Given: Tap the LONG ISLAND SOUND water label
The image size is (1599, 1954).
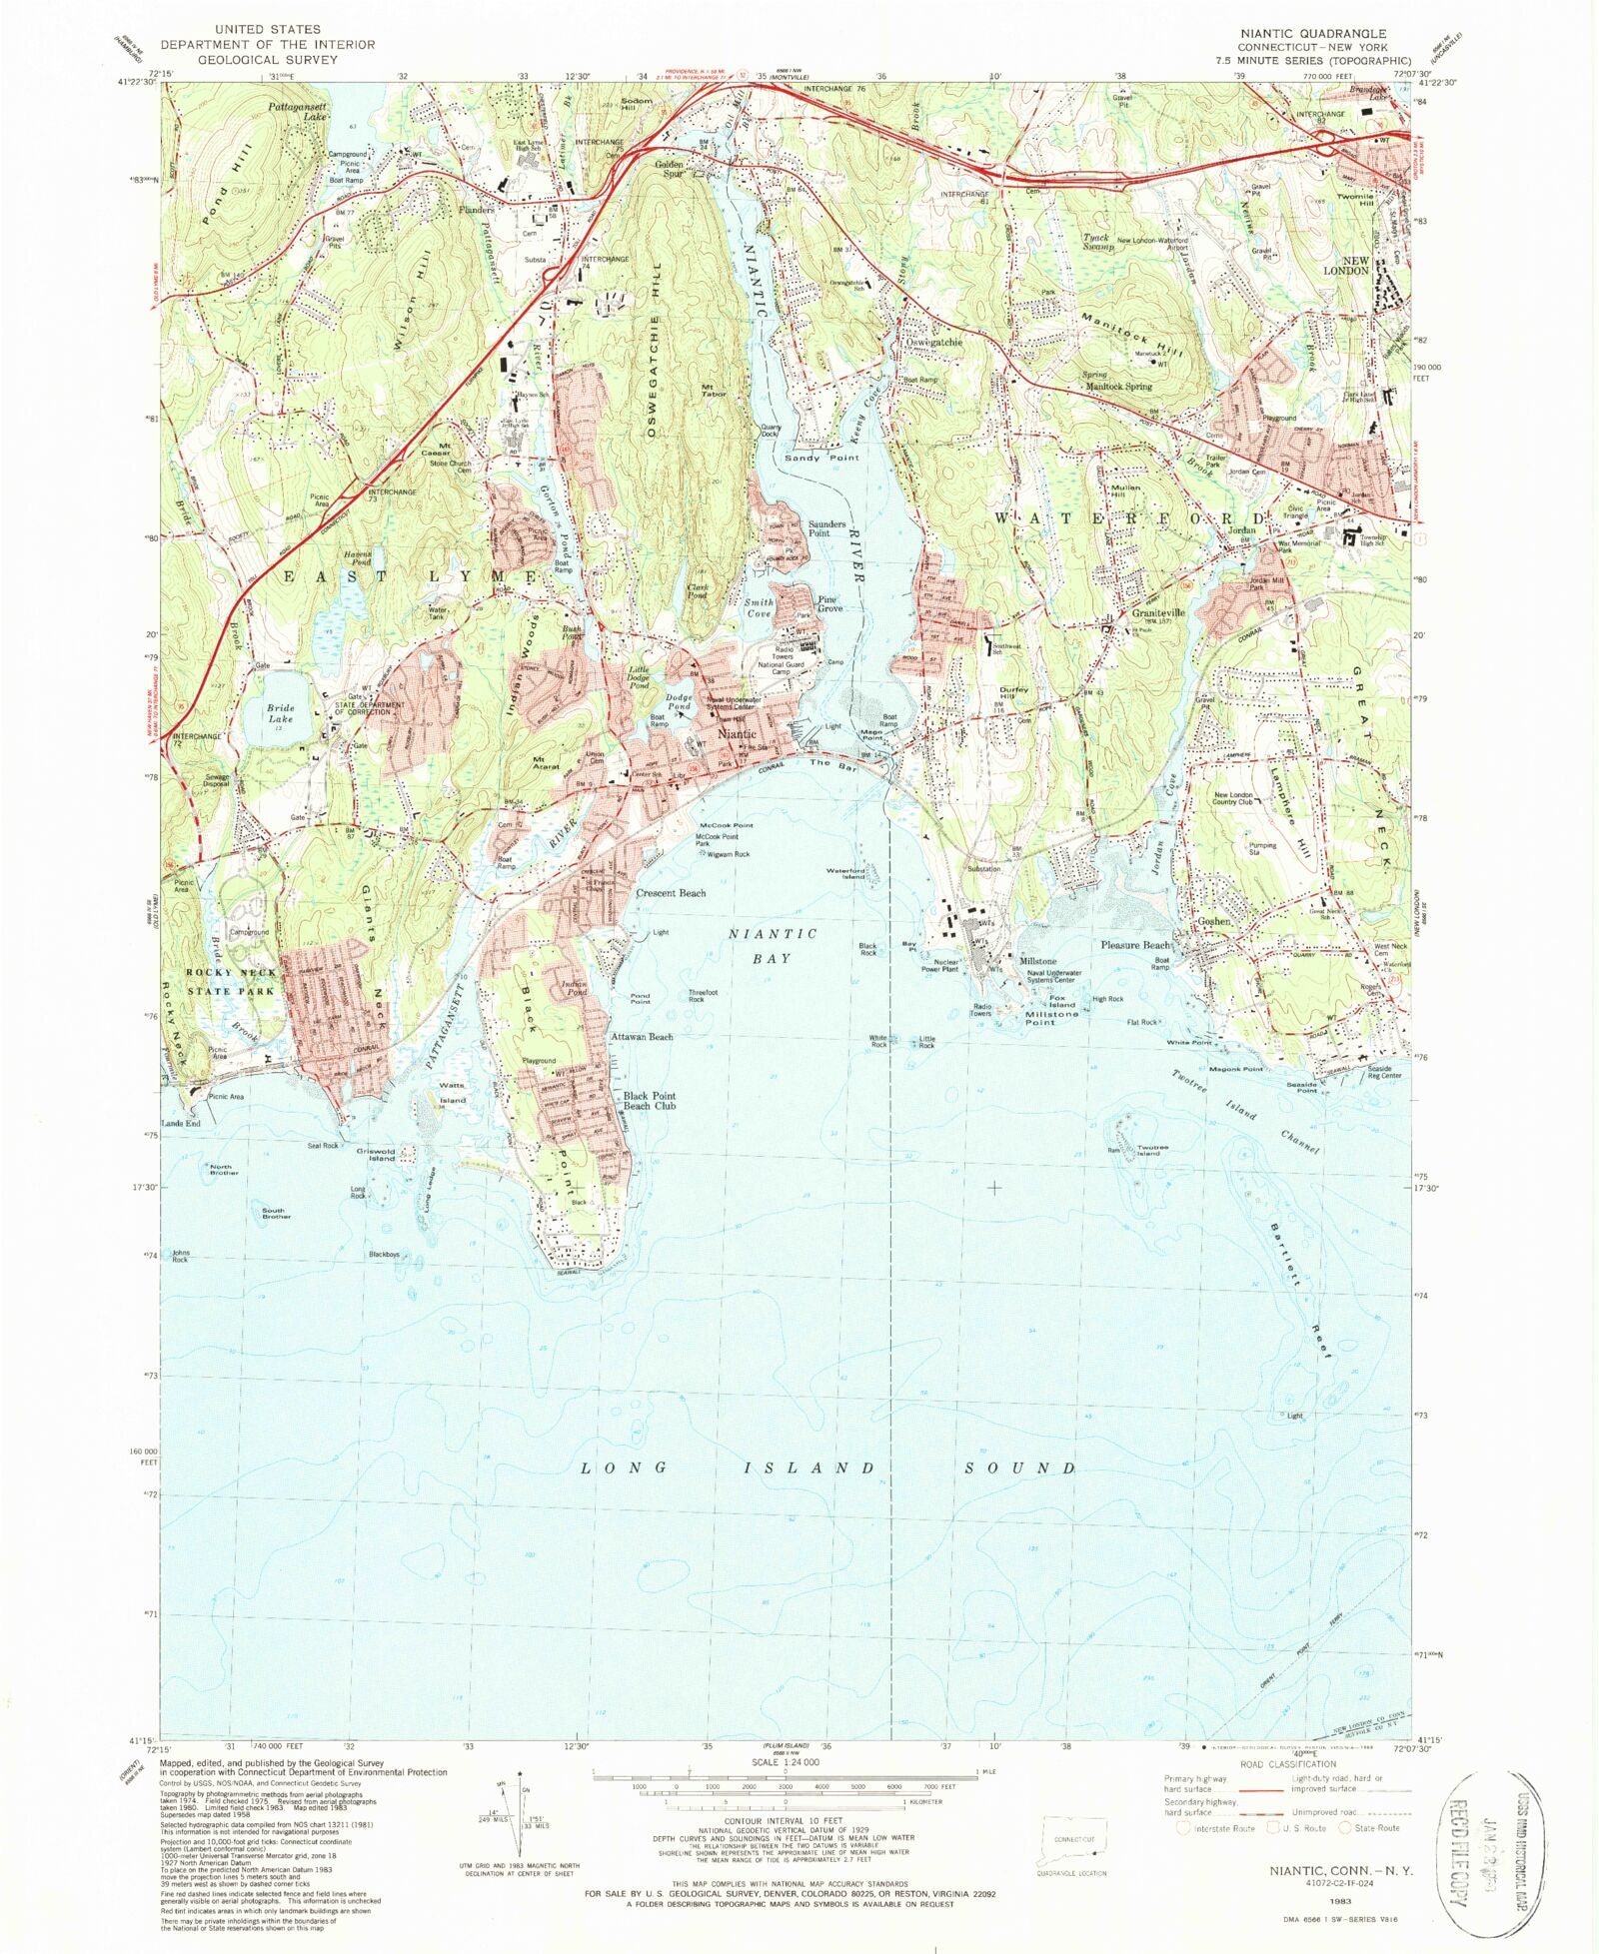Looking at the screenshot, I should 828,1468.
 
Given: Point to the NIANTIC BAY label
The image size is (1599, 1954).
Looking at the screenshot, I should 773,946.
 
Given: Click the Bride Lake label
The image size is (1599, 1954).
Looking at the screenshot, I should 281,712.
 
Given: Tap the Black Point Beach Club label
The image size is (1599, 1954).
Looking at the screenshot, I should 650,1101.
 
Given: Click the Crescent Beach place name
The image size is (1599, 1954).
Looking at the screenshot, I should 671,893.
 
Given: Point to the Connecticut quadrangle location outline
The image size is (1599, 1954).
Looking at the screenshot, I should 1075,1840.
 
